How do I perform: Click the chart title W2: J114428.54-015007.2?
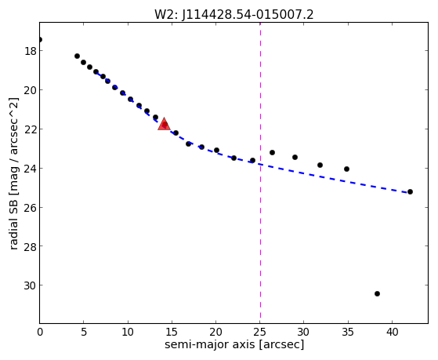point(234,15)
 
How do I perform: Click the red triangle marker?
point(164,124)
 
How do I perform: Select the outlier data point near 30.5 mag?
point(377,293)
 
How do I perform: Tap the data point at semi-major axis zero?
point(40,39)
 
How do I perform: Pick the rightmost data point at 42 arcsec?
point(410,191)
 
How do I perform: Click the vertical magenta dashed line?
point(260,173)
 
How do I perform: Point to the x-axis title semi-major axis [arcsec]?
point(234,344)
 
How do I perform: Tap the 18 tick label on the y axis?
point(30,51)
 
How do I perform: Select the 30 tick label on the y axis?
point(30,285)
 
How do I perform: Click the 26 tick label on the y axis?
point(30,208)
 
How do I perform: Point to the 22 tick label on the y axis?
point(30,129)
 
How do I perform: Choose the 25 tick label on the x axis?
point(260,332)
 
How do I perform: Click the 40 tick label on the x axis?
point(393,332)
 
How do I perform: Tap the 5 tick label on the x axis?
point(84,332)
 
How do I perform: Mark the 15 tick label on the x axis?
point(172,332)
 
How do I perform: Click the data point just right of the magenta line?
point(272,152)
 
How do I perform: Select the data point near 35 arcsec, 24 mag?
point(346,169)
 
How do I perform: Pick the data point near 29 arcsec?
point(295,157)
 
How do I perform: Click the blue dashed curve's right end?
point(408,193)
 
